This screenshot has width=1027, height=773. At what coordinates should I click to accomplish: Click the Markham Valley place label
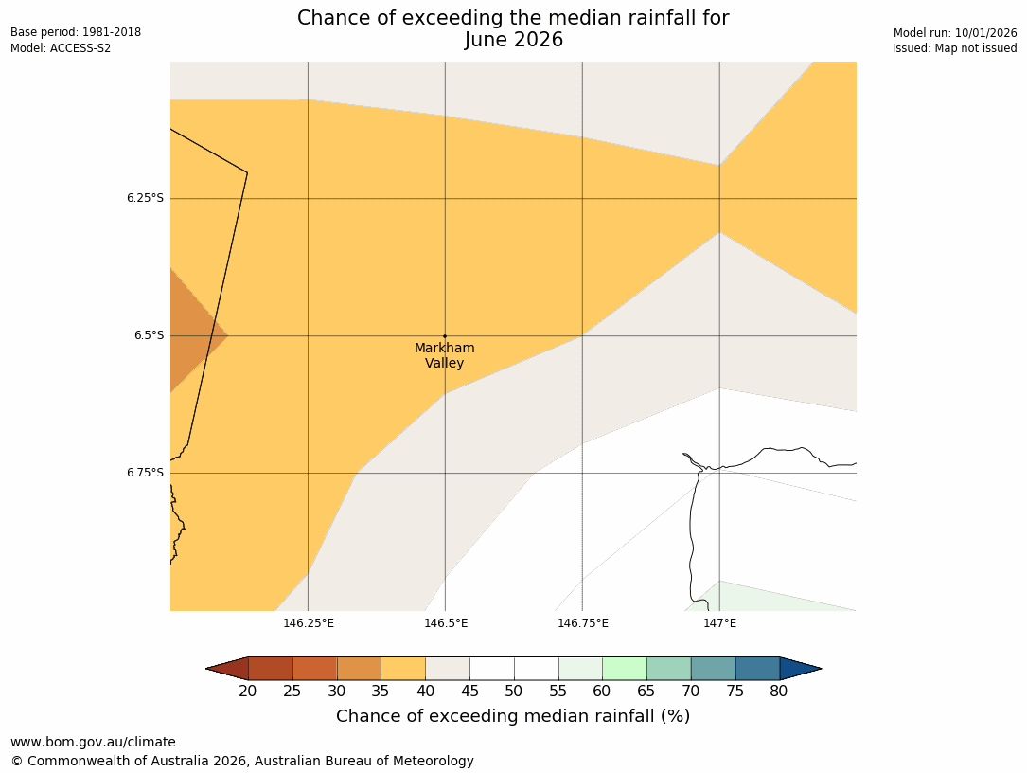444,355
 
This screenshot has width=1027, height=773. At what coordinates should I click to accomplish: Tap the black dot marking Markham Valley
445,335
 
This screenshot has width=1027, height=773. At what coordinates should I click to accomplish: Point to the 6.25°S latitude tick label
145,198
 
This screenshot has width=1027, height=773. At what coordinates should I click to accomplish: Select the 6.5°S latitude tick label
149,335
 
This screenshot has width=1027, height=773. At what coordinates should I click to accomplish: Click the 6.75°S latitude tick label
145,473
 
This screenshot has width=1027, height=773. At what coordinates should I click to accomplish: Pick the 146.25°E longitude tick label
309,623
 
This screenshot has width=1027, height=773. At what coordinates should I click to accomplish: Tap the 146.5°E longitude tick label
446,623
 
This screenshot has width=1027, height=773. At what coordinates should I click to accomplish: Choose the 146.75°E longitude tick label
583,623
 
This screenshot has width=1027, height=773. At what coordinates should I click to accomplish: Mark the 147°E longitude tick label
720,623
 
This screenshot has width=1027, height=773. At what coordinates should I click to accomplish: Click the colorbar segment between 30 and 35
359,669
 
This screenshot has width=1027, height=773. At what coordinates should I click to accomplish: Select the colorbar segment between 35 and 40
403,669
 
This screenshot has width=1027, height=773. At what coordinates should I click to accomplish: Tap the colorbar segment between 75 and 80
757,669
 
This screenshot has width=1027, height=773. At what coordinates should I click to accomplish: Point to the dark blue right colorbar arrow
800,669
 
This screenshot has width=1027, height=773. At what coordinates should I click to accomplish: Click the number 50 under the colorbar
514,692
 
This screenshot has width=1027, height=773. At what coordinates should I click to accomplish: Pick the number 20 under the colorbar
248,692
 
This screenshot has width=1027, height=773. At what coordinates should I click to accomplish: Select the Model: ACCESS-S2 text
61,48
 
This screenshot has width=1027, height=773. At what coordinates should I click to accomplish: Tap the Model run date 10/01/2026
984,32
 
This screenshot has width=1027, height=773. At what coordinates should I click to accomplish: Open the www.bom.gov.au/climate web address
93,742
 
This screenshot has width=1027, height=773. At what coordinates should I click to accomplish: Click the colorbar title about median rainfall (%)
513,716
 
